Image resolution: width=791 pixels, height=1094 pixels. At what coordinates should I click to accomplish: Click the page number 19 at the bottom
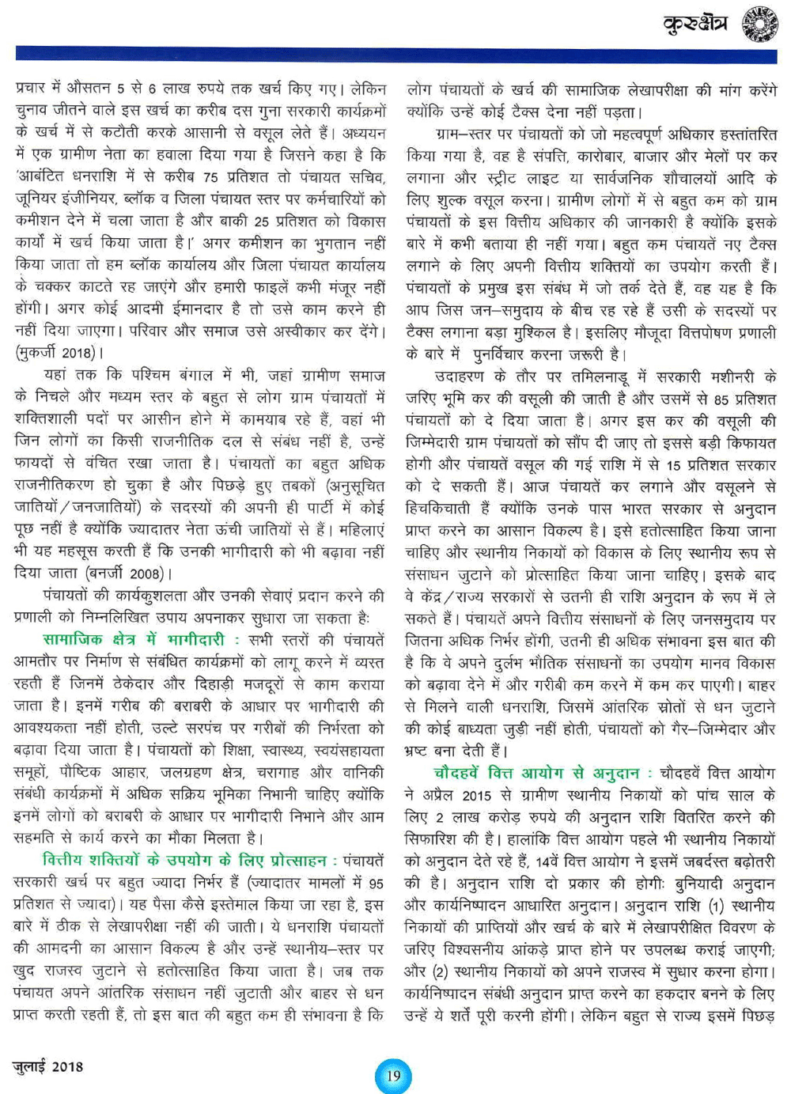[393, 1074]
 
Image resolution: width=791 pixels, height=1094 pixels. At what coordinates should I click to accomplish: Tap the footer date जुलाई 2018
[48, 1066]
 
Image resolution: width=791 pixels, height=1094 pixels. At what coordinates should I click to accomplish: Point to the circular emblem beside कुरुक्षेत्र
[759, 24]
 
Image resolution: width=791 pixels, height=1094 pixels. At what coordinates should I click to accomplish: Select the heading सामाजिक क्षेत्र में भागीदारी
[134, 640]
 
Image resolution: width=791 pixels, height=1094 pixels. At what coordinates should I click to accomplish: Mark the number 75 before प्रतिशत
[210, 177]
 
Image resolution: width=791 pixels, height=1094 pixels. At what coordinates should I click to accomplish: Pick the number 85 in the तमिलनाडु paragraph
[720, 399]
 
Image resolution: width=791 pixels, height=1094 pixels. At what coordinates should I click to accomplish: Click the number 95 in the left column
[376, 883]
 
